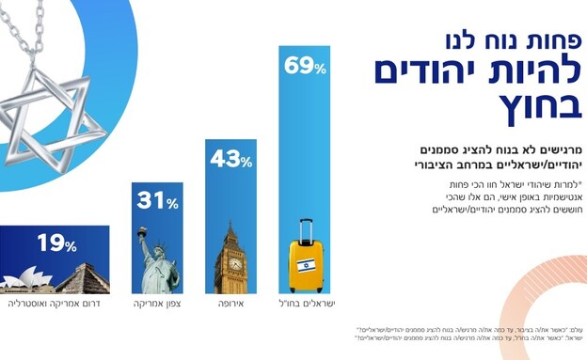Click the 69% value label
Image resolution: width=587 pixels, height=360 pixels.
click(306, 68)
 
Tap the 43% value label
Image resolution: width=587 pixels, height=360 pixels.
click(231, 160)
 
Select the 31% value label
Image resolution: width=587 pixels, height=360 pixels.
click(157, 202)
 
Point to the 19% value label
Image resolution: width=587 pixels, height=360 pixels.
click(56, 245)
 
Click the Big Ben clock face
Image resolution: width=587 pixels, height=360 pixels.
click(231, 263)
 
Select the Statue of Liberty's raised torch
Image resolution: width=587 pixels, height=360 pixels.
click(142, 230)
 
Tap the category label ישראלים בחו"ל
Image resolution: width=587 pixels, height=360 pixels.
click(309, 305)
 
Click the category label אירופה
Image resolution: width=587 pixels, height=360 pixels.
click(231, 305)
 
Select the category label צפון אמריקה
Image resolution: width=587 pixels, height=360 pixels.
click(157, 305)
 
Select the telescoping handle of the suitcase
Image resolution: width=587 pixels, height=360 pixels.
click(306, 228)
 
